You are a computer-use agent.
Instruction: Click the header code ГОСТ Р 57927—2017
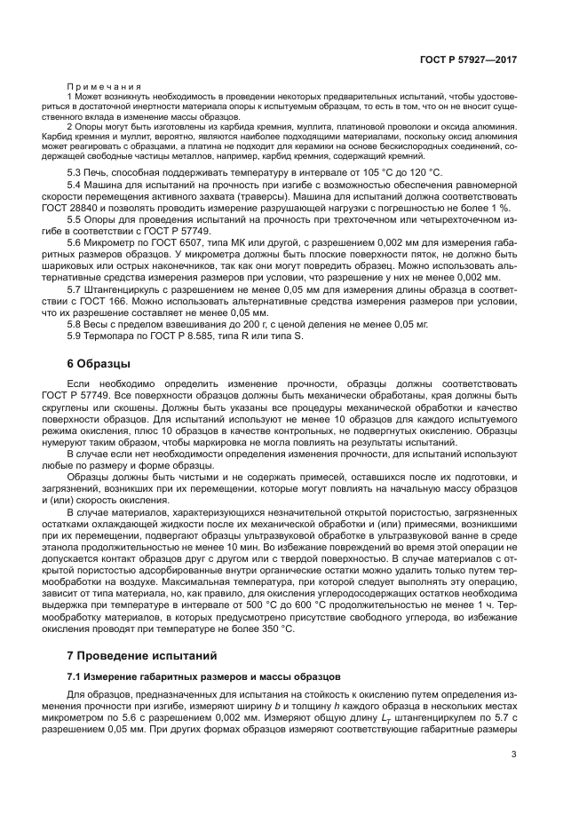coord(470,59)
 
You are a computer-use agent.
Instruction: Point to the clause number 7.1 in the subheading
coord(75,678)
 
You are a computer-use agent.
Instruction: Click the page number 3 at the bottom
coord(514,755)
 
